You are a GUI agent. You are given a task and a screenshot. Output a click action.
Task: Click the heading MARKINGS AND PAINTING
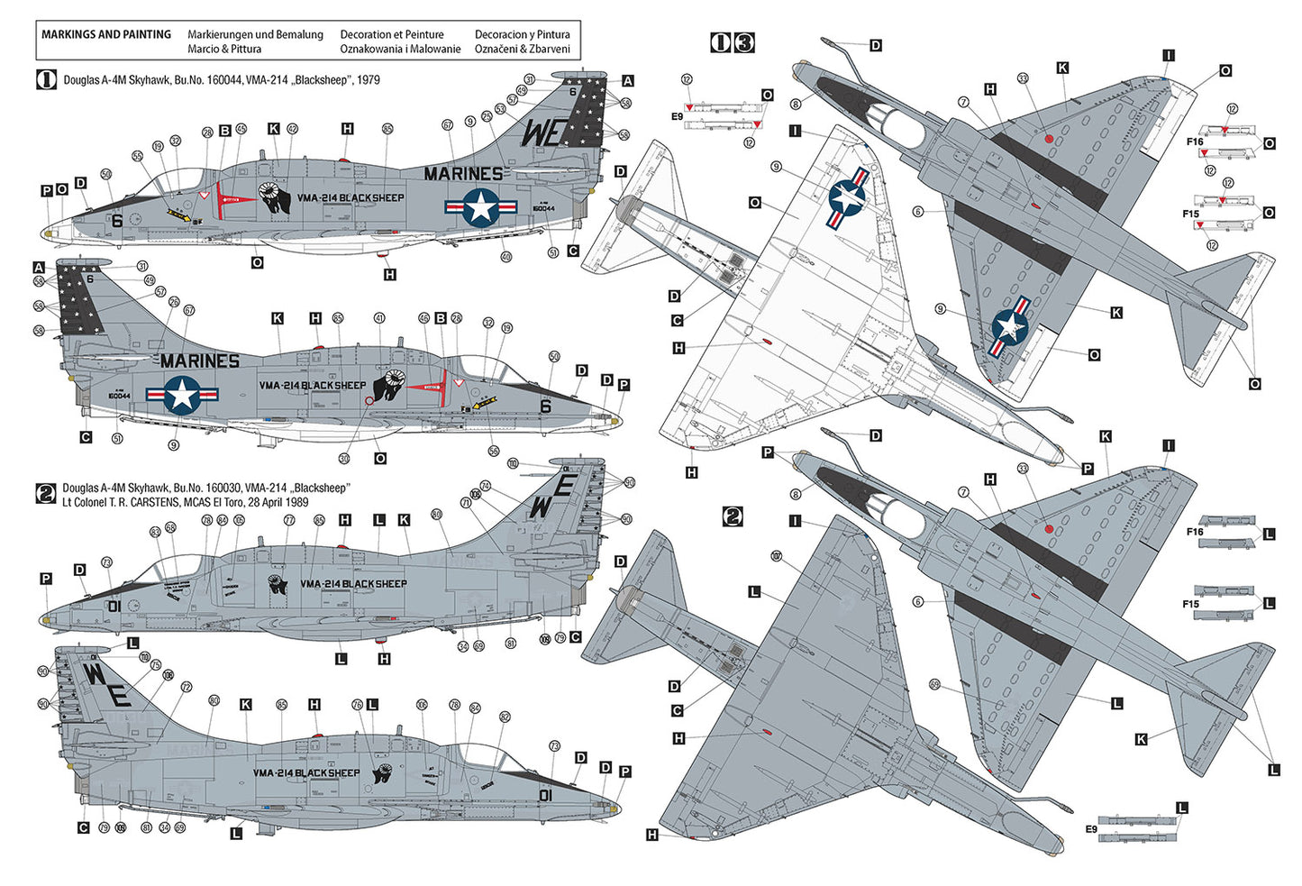(106, 34)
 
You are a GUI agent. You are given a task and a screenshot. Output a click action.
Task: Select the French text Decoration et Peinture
(391, 34)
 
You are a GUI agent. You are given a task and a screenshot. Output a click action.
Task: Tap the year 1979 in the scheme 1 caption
(369, 80)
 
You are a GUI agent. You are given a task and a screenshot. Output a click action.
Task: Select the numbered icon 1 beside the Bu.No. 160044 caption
(46, 79)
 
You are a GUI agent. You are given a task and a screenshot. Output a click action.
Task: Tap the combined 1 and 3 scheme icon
(732, 42)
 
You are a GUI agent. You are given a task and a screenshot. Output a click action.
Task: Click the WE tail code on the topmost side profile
(542, 132)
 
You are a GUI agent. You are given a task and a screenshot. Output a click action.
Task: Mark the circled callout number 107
(776, 557)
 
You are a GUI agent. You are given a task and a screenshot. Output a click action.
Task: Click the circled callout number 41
(379, 318)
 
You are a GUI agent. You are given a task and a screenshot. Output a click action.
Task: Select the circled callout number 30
(344, 459)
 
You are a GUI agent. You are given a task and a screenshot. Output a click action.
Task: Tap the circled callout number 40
(506, 257)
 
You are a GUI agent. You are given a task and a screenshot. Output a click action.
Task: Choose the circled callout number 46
(423, 318)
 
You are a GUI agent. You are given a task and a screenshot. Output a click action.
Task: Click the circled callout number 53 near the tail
(500, 110)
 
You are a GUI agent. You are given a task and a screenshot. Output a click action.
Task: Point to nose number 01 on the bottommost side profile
(545, 795)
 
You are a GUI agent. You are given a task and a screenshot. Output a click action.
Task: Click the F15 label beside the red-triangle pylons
(1191, 214)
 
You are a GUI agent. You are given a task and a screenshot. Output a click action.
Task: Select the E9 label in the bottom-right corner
(1091, 828)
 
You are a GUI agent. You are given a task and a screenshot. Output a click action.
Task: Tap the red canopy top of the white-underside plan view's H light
(767, 342)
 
